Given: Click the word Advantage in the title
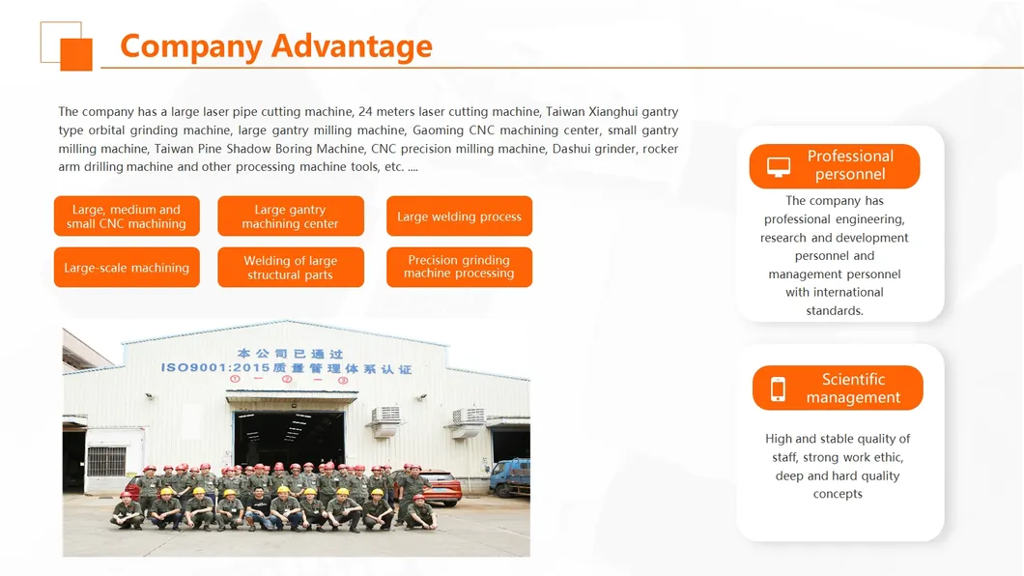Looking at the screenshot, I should (352, 45).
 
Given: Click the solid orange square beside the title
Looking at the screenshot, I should (76, 54).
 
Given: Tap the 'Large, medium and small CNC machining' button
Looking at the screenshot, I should (127, 216).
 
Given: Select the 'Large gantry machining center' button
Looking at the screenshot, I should (291, 216).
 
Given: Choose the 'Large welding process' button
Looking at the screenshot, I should (459, 216).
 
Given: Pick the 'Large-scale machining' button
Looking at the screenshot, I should (127, 268).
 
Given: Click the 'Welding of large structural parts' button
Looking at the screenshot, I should (291, 268).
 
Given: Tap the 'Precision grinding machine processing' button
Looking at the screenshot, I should (459, 267).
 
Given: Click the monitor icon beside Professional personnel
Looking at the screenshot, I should (779, 166).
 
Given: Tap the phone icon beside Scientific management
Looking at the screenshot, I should (779, 389).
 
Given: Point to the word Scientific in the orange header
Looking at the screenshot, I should (853, 379).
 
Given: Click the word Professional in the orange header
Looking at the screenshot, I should (850, 156).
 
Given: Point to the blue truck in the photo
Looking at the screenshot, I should (509, 476).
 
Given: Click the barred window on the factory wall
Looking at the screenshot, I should (106, 460).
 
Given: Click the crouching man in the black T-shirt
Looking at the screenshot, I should (259, 509).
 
